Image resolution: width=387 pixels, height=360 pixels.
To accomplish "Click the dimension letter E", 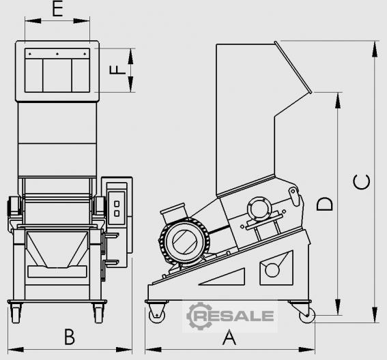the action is click(x=57, y=10).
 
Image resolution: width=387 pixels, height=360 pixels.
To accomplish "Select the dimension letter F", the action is click(x=117, y=70).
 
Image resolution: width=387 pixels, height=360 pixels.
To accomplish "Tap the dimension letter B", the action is click(x=70, y=337).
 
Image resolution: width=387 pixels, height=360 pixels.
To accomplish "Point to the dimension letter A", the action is click(x=229, y=337).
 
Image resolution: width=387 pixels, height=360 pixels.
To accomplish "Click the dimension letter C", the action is click(x=362, y=182).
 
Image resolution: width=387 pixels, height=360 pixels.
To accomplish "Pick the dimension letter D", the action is click(x=324, y=204).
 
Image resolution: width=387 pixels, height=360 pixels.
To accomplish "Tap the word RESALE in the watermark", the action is click(x=233, y=316).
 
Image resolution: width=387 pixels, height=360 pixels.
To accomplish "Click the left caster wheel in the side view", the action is click(x=156, y=316).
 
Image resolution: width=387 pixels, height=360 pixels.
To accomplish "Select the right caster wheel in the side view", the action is click(x=307, y=316).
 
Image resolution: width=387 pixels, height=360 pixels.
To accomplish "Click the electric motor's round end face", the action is click(x=184, y=241).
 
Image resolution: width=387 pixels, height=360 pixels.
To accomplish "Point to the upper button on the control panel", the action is click(x=117, y=204).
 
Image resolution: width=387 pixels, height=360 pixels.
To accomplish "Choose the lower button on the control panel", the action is click(x=117, y=213).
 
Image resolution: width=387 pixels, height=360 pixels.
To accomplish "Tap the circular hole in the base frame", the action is click(x=272, y=270).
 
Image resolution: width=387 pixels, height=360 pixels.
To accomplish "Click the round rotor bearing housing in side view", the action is click(x=259, y=209).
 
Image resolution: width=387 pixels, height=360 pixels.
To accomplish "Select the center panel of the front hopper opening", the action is click(x=57, y=75).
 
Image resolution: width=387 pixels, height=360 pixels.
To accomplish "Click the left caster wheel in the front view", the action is click(x=16, y=314).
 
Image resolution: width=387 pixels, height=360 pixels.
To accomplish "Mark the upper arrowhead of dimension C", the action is click(x=375, y=50).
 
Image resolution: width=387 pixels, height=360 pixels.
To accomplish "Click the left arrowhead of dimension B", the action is click(x=16, y=349).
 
